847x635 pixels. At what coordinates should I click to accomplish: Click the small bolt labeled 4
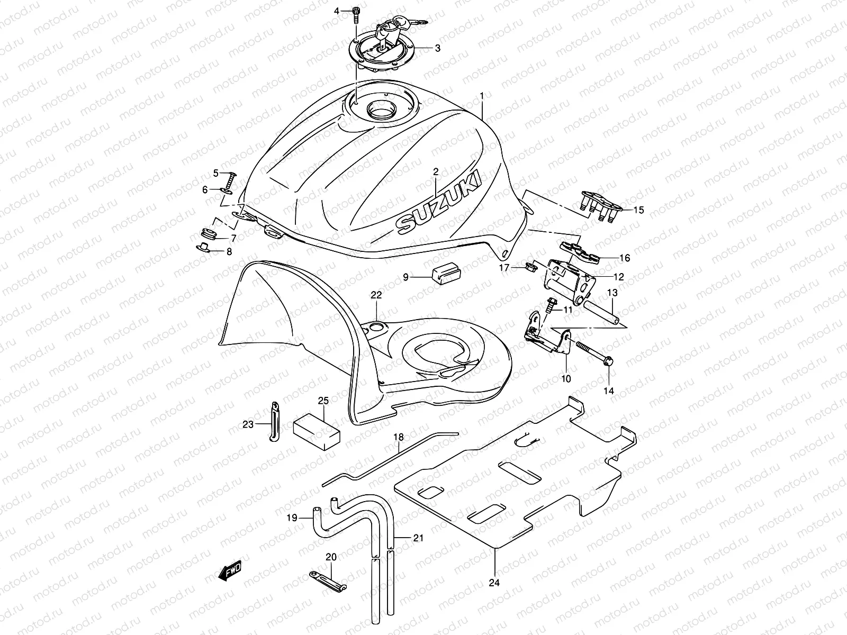[x=356, y=14]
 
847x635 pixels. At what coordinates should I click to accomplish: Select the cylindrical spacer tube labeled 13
[x=602, y=313]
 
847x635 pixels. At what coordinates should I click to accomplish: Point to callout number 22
[x=376, y=295]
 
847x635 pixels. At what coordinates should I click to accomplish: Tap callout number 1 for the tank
[x=482, y=95]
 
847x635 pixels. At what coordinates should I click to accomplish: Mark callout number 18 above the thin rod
[x=398, y=437]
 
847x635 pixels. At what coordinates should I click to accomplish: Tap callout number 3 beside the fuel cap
[x=437, y=48]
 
